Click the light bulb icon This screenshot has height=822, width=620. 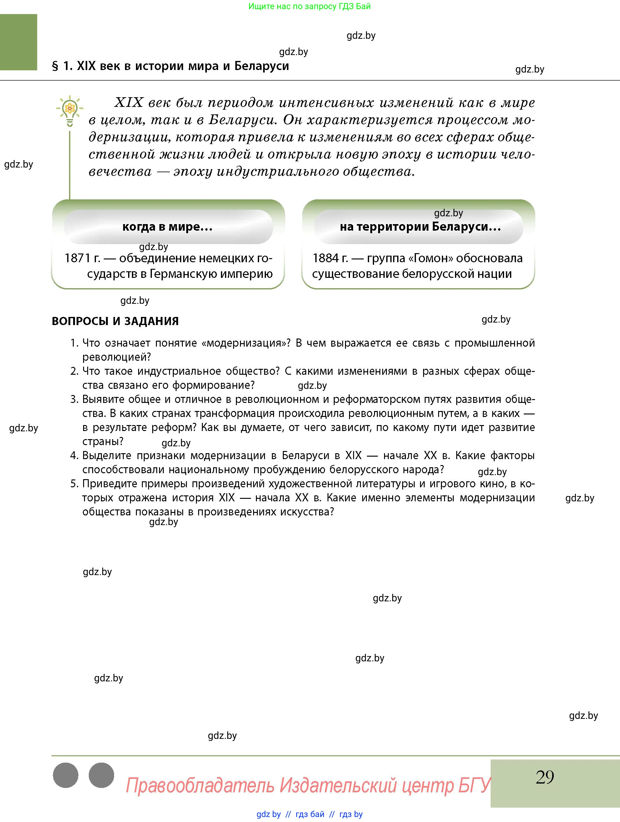click(69, 110)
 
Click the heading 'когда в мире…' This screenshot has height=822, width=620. click(167, 227)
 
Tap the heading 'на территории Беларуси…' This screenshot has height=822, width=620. click(420, 227)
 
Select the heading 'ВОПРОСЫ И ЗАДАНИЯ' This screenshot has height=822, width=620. click(115, 321)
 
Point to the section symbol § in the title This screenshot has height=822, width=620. click(55, 67)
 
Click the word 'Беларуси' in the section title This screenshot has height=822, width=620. click(262, 66)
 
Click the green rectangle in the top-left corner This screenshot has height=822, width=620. click(18, 42)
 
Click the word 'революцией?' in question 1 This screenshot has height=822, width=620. click(117, 357)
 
